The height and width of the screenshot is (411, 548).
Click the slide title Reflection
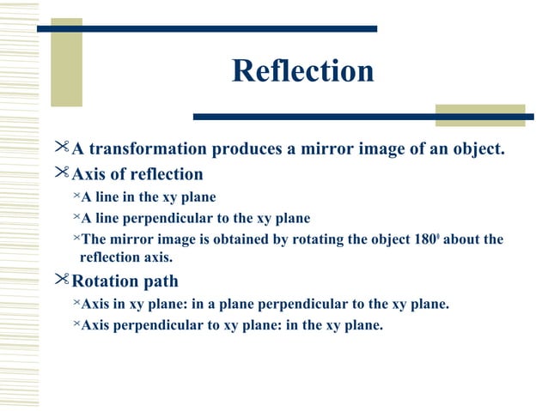point(302,71)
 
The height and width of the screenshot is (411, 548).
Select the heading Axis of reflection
point(137,174)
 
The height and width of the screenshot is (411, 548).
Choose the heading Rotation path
point(125,281)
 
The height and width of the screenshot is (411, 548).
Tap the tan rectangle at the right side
point(479,115)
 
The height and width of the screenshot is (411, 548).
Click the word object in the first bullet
point(473,151)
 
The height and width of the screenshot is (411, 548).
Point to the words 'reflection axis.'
point(127,257)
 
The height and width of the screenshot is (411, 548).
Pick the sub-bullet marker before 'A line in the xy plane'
point(76,197)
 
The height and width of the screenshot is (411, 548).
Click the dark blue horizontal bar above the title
point(206,29)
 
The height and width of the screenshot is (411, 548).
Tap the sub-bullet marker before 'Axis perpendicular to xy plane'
point(76,324)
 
